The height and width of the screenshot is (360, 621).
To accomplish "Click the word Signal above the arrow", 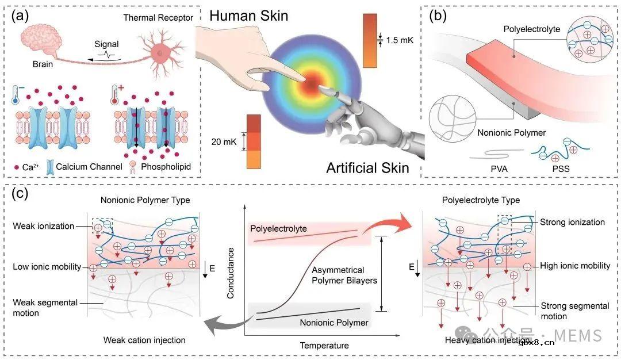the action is (106, 44).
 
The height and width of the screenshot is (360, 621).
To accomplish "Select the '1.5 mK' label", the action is (399, 40).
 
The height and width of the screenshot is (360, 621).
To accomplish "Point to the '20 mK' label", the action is (224, 142).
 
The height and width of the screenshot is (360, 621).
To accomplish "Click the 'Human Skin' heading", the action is (249, 16).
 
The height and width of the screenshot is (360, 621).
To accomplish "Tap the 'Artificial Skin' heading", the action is (367, 168).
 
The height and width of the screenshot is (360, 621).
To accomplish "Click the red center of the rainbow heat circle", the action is (312, 83).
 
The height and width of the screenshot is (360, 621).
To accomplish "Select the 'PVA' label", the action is (499, 169).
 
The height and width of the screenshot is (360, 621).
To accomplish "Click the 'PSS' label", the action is (561, 169).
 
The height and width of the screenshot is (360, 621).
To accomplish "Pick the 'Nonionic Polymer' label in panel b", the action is (511, 133).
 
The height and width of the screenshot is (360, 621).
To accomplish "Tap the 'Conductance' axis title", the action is (231, 273).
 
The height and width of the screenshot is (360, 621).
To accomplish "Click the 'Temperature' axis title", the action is (324, 346).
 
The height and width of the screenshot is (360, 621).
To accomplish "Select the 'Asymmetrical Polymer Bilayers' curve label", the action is (344, 275).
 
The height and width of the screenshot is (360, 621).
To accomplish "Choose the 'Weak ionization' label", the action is (44, 226).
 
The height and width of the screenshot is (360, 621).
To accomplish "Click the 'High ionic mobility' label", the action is (575, 266).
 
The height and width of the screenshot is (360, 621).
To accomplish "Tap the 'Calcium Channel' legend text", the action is (89, 167).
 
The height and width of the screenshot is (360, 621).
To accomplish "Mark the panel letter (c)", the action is (20, 193).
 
